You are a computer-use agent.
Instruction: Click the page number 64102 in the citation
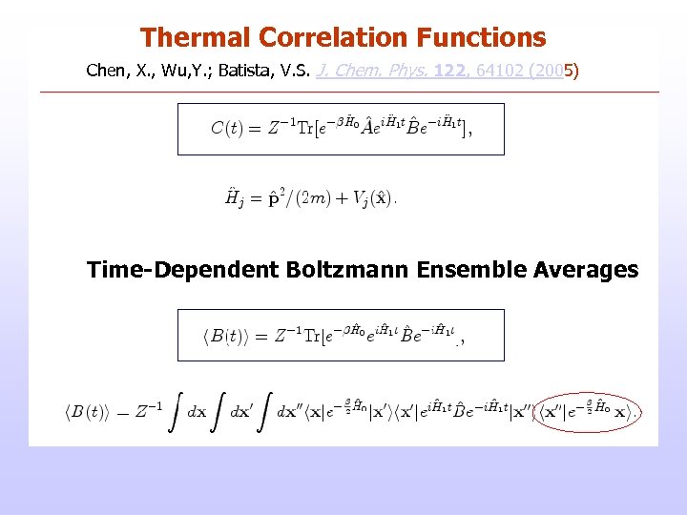(499, 71)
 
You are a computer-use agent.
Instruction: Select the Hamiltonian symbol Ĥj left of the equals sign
(233, 198)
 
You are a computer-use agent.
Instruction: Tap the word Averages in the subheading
(581, 270)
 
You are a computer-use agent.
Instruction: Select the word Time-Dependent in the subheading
(182, 270)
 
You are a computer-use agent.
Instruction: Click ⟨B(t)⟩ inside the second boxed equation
(228, 335)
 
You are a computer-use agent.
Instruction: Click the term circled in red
(587, 411)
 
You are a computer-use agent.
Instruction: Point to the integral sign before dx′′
(263, 411)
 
